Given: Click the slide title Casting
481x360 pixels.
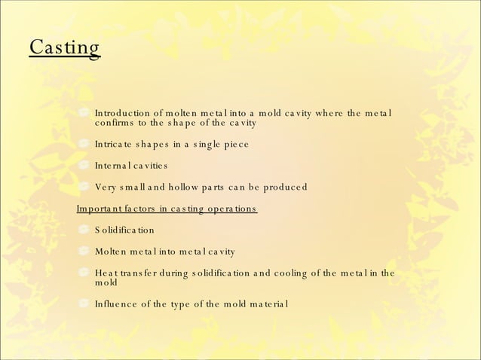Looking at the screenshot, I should (x=65, y=47).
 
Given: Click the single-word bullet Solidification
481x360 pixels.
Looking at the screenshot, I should (x=124, y=230).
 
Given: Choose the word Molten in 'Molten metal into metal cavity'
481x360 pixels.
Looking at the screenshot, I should (x=112, y=252).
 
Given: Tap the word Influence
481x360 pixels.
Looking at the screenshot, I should (x=117, y=304).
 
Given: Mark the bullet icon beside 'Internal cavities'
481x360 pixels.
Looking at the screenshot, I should (x=84, y=165).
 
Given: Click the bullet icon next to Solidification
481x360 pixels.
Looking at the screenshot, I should (x=84, y=230).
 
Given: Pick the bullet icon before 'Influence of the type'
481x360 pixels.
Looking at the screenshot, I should (x=84, y=304).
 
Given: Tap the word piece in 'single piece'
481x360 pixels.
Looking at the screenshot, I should (x=255, y=144).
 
